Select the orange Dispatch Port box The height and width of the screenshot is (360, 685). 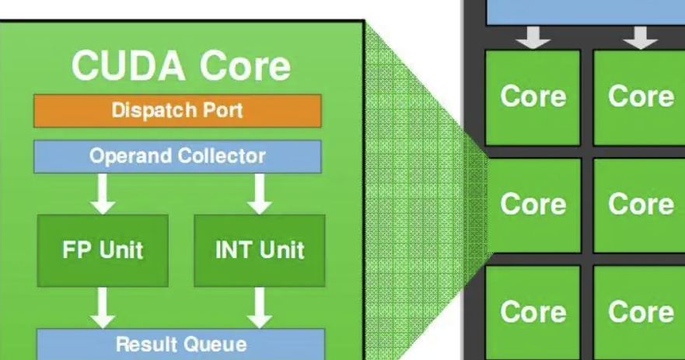coord(177,110)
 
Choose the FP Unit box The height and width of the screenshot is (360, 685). coord(103,250)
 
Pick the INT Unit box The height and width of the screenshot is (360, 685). coord(260,250)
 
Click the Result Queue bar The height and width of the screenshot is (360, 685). coord(180,344)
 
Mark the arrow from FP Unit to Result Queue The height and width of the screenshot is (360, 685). coord(103,308)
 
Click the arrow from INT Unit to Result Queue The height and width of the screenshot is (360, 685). coord(259,308)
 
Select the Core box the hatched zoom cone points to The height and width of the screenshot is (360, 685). coord(533,204)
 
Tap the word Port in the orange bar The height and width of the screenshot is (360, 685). coord(223,110)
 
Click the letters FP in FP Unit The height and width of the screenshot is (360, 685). coord(77,250)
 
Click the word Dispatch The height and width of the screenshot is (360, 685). coord(155,110)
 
